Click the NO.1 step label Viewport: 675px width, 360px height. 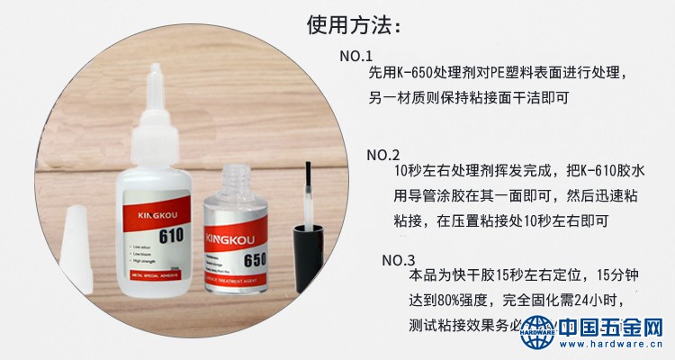356,57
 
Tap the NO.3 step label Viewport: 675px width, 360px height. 398,260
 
